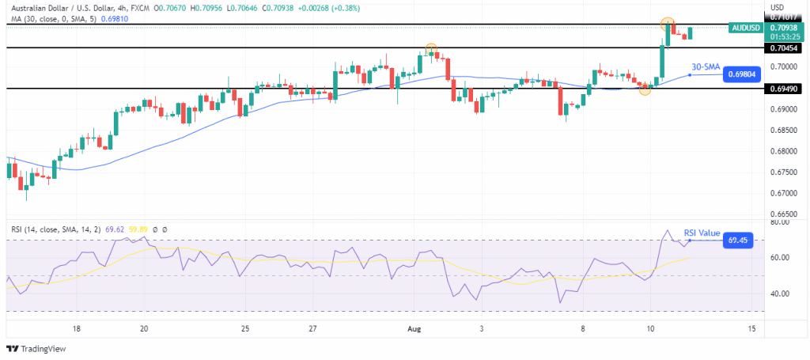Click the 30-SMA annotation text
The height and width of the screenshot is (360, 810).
706,66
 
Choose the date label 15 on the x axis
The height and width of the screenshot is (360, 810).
750,328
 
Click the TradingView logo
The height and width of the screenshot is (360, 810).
38,349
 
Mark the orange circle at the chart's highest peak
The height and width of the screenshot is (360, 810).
668,24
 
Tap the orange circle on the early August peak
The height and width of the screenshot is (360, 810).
431,49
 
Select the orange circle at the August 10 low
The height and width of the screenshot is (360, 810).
645,89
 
